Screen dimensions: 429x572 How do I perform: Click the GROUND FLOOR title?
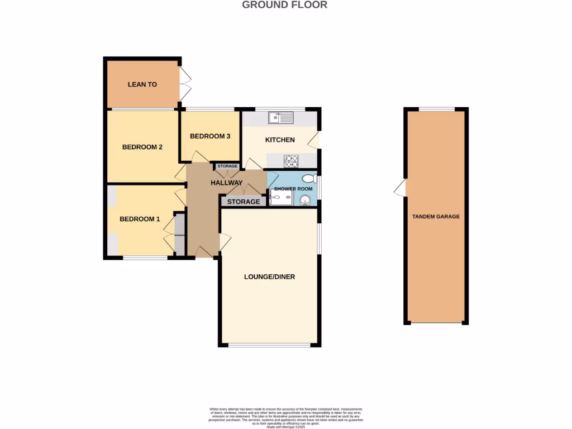pos(284,5)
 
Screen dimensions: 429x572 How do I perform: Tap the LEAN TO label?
pos(142,85)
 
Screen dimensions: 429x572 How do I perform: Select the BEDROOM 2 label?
pos(142,147)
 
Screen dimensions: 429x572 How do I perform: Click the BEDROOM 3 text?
pos(210,136)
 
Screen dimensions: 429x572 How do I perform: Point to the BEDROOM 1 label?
pos(140,219)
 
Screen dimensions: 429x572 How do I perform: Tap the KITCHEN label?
pos(280,140)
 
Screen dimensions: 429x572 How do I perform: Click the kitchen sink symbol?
pos(280,117)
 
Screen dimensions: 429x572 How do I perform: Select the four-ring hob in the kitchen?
pos(292,161)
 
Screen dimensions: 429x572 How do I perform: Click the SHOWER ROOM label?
pos(293,189)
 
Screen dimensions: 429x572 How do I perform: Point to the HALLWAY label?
pos(226,183)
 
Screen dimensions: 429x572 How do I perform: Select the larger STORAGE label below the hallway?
pos(243,202)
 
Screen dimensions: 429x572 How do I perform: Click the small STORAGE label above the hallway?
pos(227,166)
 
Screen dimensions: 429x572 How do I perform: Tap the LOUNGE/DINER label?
pos(269,277)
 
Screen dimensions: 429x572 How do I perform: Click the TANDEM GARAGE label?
pos(436,216)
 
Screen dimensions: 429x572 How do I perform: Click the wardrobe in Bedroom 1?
pos(180,235)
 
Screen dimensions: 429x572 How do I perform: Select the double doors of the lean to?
pos(183,85)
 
